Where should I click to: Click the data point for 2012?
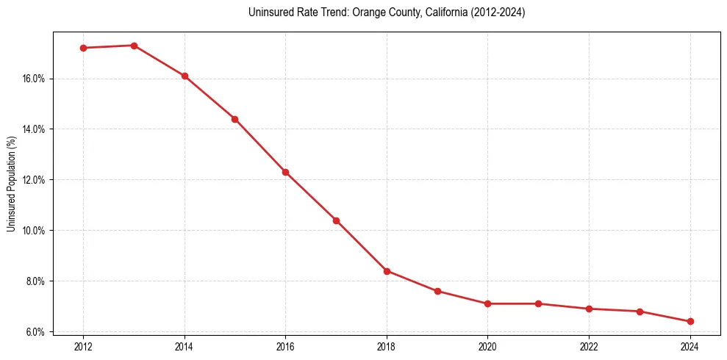click(x=83, y=48)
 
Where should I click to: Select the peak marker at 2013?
click(x=134, y=46)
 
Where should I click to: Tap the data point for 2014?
click(x=185, y=76)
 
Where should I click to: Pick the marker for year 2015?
click(x=234, y=119)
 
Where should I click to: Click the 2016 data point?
click(x=285, y=172)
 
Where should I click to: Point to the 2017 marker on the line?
click(x=336, y=220)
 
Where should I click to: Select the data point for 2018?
click(x=387, y=271)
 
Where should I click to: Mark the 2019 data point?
click(x=437, y=291)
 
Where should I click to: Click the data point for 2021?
click(x=538, y=303)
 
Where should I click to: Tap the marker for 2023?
click(x=640, y=312)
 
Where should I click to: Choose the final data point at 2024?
click(x=690, y=321)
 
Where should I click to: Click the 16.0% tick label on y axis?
click(x=35, y=79)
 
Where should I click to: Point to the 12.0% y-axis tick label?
click(x=35, y=180)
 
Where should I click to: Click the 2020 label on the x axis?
click(x=487, y=346)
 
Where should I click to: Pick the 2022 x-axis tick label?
click(x=589, y=346)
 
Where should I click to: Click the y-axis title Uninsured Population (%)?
click(x=11, y=184)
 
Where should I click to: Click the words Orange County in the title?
click(x=355, y=12)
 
